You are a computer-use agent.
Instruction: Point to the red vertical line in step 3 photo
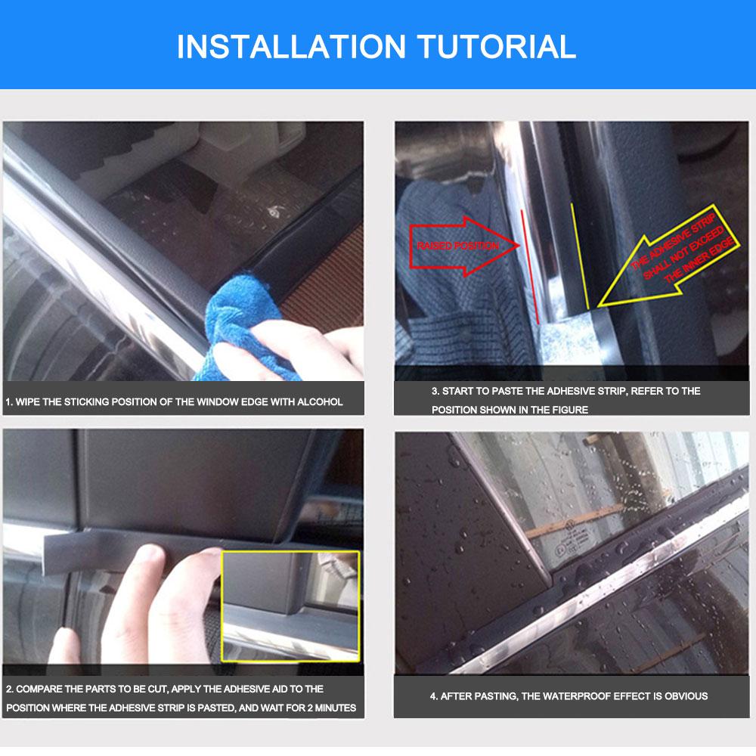pyautogui.click(x=529, y=265)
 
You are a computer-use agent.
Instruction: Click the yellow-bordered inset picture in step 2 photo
pyautogui.click(x=290, y=605)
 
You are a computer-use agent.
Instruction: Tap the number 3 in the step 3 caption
pyautogui.click(x=434, y=391)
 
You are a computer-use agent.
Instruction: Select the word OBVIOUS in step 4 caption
pyautogui.click(x=685, y=696)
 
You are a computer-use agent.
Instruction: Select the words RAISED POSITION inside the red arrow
pyautogui.click(x=457, y=246)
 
